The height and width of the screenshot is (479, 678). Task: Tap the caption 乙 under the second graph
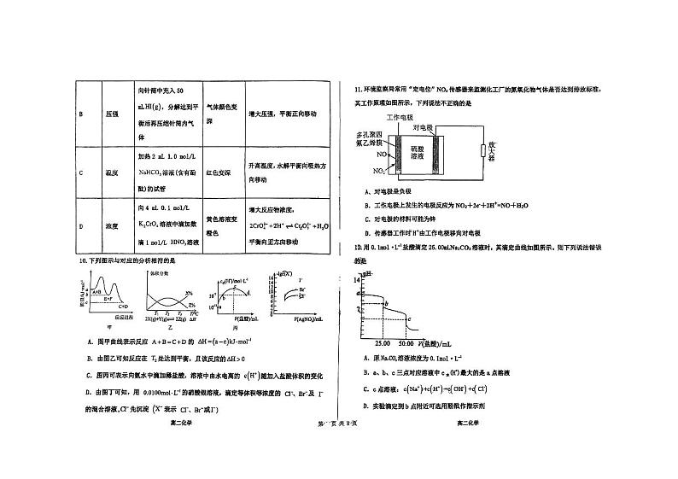(171, 327)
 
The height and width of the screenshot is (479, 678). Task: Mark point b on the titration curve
(385, 303)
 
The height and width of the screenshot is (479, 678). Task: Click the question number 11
(346, 88)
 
